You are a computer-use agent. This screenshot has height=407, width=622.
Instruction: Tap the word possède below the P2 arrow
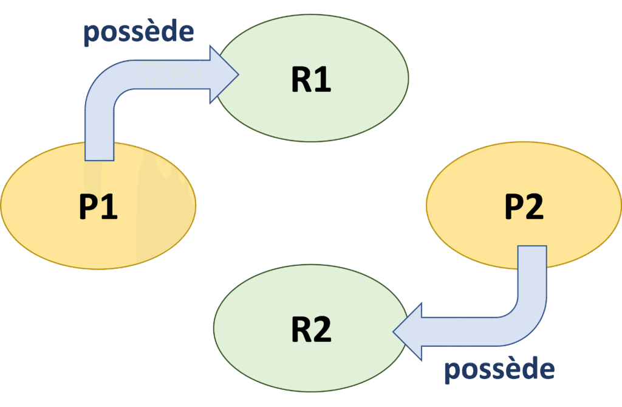499,370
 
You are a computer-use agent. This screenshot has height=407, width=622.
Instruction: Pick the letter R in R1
301,80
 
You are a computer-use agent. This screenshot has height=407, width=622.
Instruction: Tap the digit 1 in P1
111,207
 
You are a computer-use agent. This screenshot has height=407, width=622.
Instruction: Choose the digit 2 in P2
535,207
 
